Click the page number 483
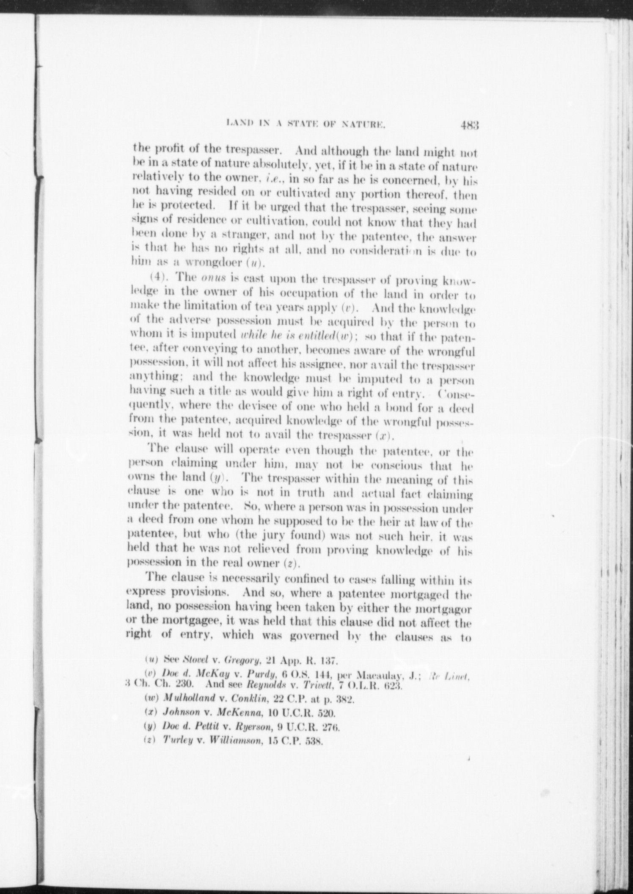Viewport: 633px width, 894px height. click(x=468, y=125)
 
